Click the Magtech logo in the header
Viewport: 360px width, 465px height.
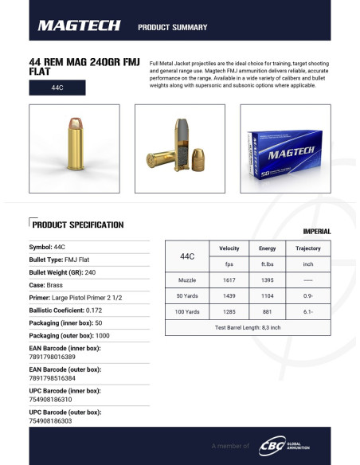(x=80, y=26)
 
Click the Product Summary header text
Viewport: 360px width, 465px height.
(x=173, y=27)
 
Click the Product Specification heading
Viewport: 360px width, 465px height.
(x=77, y=225)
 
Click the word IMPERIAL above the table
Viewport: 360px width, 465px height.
(x=316, y=232)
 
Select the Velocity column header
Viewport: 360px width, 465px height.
(x=229, y=249)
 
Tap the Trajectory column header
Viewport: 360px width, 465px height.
(x=308, y=249)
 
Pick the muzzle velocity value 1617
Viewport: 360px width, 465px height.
(x=229, y=280)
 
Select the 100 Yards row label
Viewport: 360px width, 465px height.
(x=187, y=311)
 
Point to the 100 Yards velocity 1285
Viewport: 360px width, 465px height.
(x=229, y=311)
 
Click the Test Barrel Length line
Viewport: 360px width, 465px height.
(x=248, y=327)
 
